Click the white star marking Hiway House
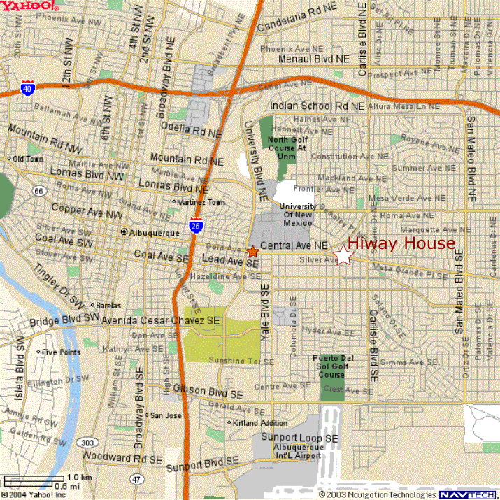343,256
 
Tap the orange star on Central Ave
252,251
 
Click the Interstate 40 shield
27,90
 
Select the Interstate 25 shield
197,225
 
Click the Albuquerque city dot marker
124,231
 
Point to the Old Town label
27,159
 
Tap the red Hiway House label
401,243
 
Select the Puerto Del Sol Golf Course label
332,366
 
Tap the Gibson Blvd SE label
207,390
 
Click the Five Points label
59,352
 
